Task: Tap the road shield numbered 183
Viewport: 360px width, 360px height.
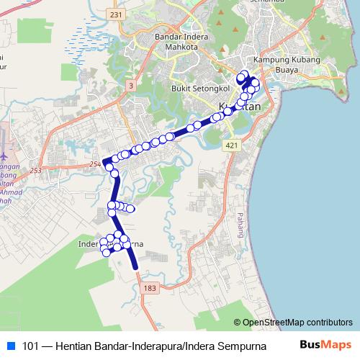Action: click(149, 288)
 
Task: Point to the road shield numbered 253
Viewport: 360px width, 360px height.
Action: click(35, 170)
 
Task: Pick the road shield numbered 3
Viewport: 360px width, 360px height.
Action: click(130, 86)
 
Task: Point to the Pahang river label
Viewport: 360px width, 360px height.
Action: click(240, 215)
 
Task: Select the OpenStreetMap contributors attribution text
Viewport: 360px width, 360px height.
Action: click(297, 322)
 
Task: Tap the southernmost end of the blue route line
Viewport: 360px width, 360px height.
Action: click(135, 268)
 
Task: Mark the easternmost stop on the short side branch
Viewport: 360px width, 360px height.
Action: click(131, 210)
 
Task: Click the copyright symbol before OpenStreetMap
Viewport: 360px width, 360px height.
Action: click(238, 322)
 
